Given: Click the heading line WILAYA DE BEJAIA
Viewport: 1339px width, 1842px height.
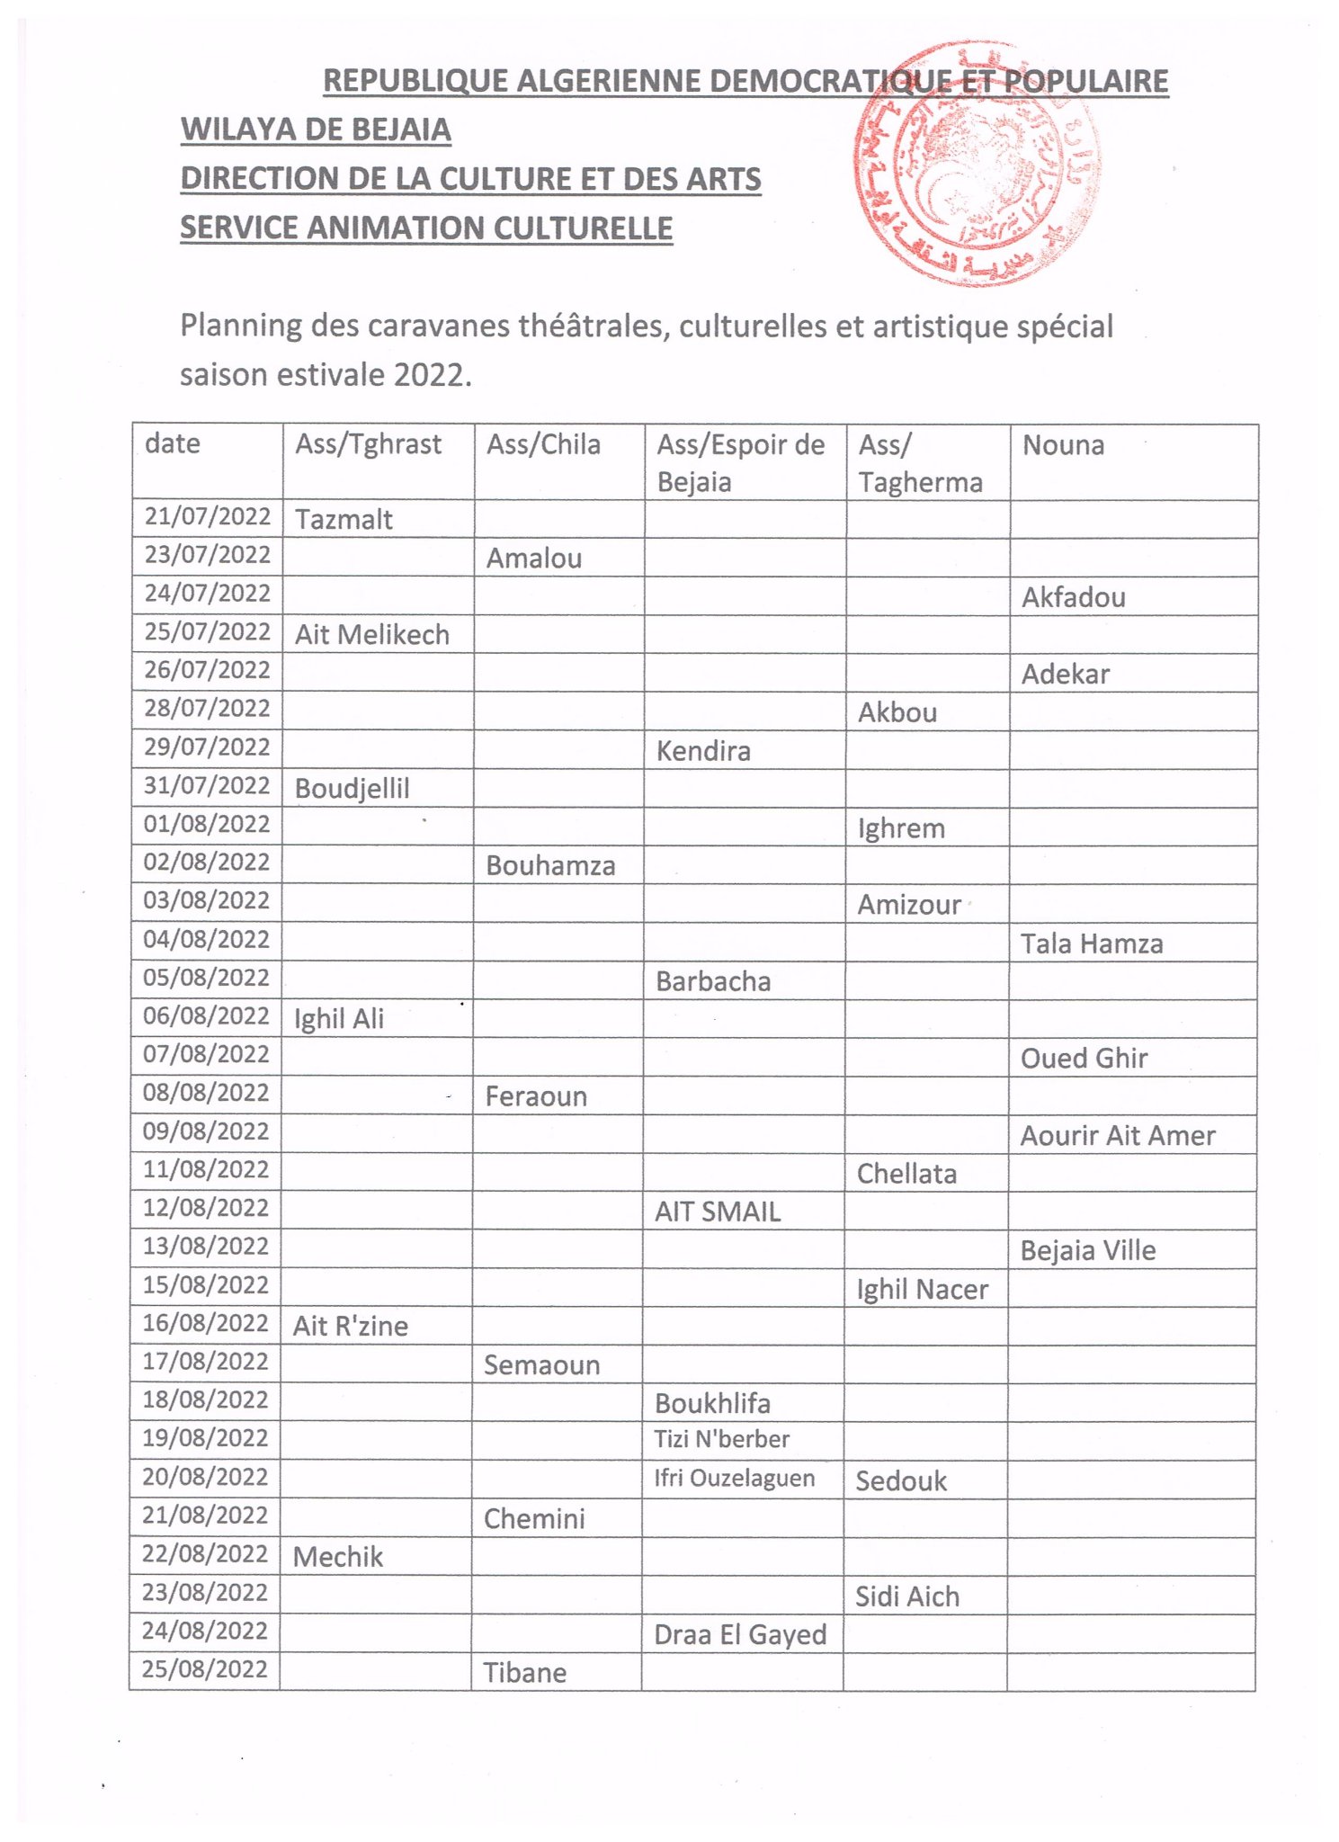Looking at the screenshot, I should pos(316,130).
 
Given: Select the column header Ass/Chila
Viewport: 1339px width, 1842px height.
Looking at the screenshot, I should pos(543,444).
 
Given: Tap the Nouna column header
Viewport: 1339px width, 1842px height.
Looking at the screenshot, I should pos(1063,444).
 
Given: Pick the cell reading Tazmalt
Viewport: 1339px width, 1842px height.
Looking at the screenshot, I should pos(344,520).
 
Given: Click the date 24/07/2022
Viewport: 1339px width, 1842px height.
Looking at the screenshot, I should pos(208,594).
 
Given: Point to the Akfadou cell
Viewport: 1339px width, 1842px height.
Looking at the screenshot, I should pos(1073,597).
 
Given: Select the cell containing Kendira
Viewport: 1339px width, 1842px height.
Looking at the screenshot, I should pos(703,751).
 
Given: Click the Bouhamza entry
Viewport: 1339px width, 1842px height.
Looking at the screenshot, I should pos(550,866).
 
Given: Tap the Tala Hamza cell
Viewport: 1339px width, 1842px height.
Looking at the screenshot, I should pos(1092,943).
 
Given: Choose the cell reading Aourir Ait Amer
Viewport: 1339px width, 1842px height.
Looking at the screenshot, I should pos(1118,1136).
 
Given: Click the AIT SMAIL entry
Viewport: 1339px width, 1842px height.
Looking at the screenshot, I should pos(718,1212).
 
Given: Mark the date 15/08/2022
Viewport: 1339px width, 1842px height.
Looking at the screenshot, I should pos(206,1285).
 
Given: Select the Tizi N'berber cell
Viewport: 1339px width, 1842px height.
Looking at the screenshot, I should pos(721,1439).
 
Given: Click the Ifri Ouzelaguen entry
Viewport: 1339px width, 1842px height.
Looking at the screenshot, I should pos(734,1479).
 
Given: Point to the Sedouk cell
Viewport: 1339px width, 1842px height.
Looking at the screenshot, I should pos(901,1481).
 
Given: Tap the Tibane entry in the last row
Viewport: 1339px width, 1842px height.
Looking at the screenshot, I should pos(525,1673).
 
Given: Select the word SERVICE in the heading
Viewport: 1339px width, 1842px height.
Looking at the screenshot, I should pos(238,228).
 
